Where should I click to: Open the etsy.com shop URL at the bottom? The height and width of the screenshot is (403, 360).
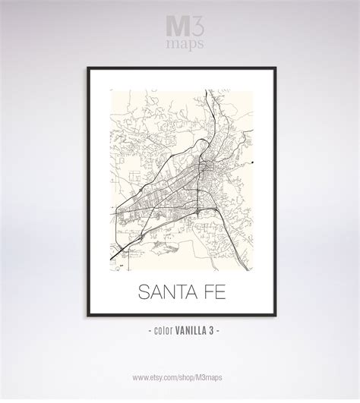(179, 377)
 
